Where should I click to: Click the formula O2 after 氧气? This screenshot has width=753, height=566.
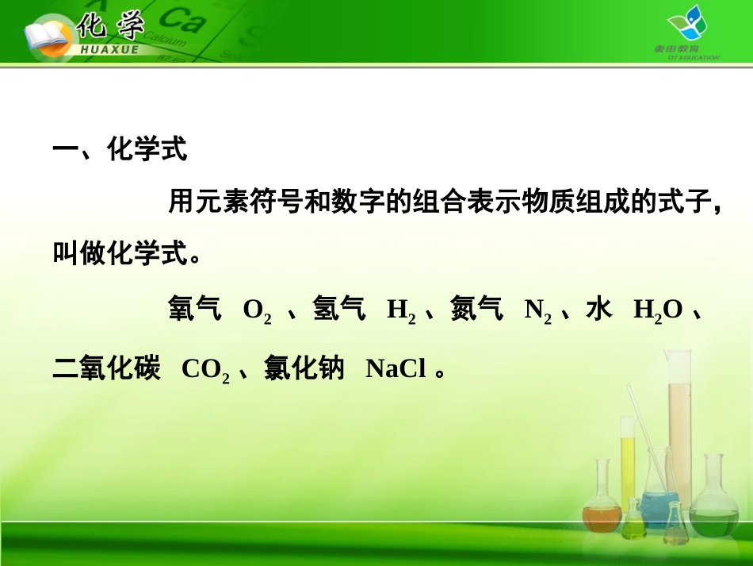[258, 310]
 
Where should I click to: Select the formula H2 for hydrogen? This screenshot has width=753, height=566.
[401, 310]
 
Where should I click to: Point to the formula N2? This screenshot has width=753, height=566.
[538, 310]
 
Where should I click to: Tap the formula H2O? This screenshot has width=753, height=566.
[657, 310]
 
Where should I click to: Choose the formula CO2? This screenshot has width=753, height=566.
[205, 370]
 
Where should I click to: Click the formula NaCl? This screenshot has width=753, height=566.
[396, 369]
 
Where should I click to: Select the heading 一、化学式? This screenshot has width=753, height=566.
[120, 149]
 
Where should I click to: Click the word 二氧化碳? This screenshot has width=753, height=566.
[106, 369]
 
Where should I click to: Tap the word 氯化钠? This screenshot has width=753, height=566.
[304, 369]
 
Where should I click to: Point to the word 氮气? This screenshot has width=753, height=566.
[477, 310]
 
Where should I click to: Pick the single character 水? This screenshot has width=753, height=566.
[599, 310]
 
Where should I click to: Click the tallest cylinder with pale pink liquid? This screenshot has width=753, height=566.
[679, 429]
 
